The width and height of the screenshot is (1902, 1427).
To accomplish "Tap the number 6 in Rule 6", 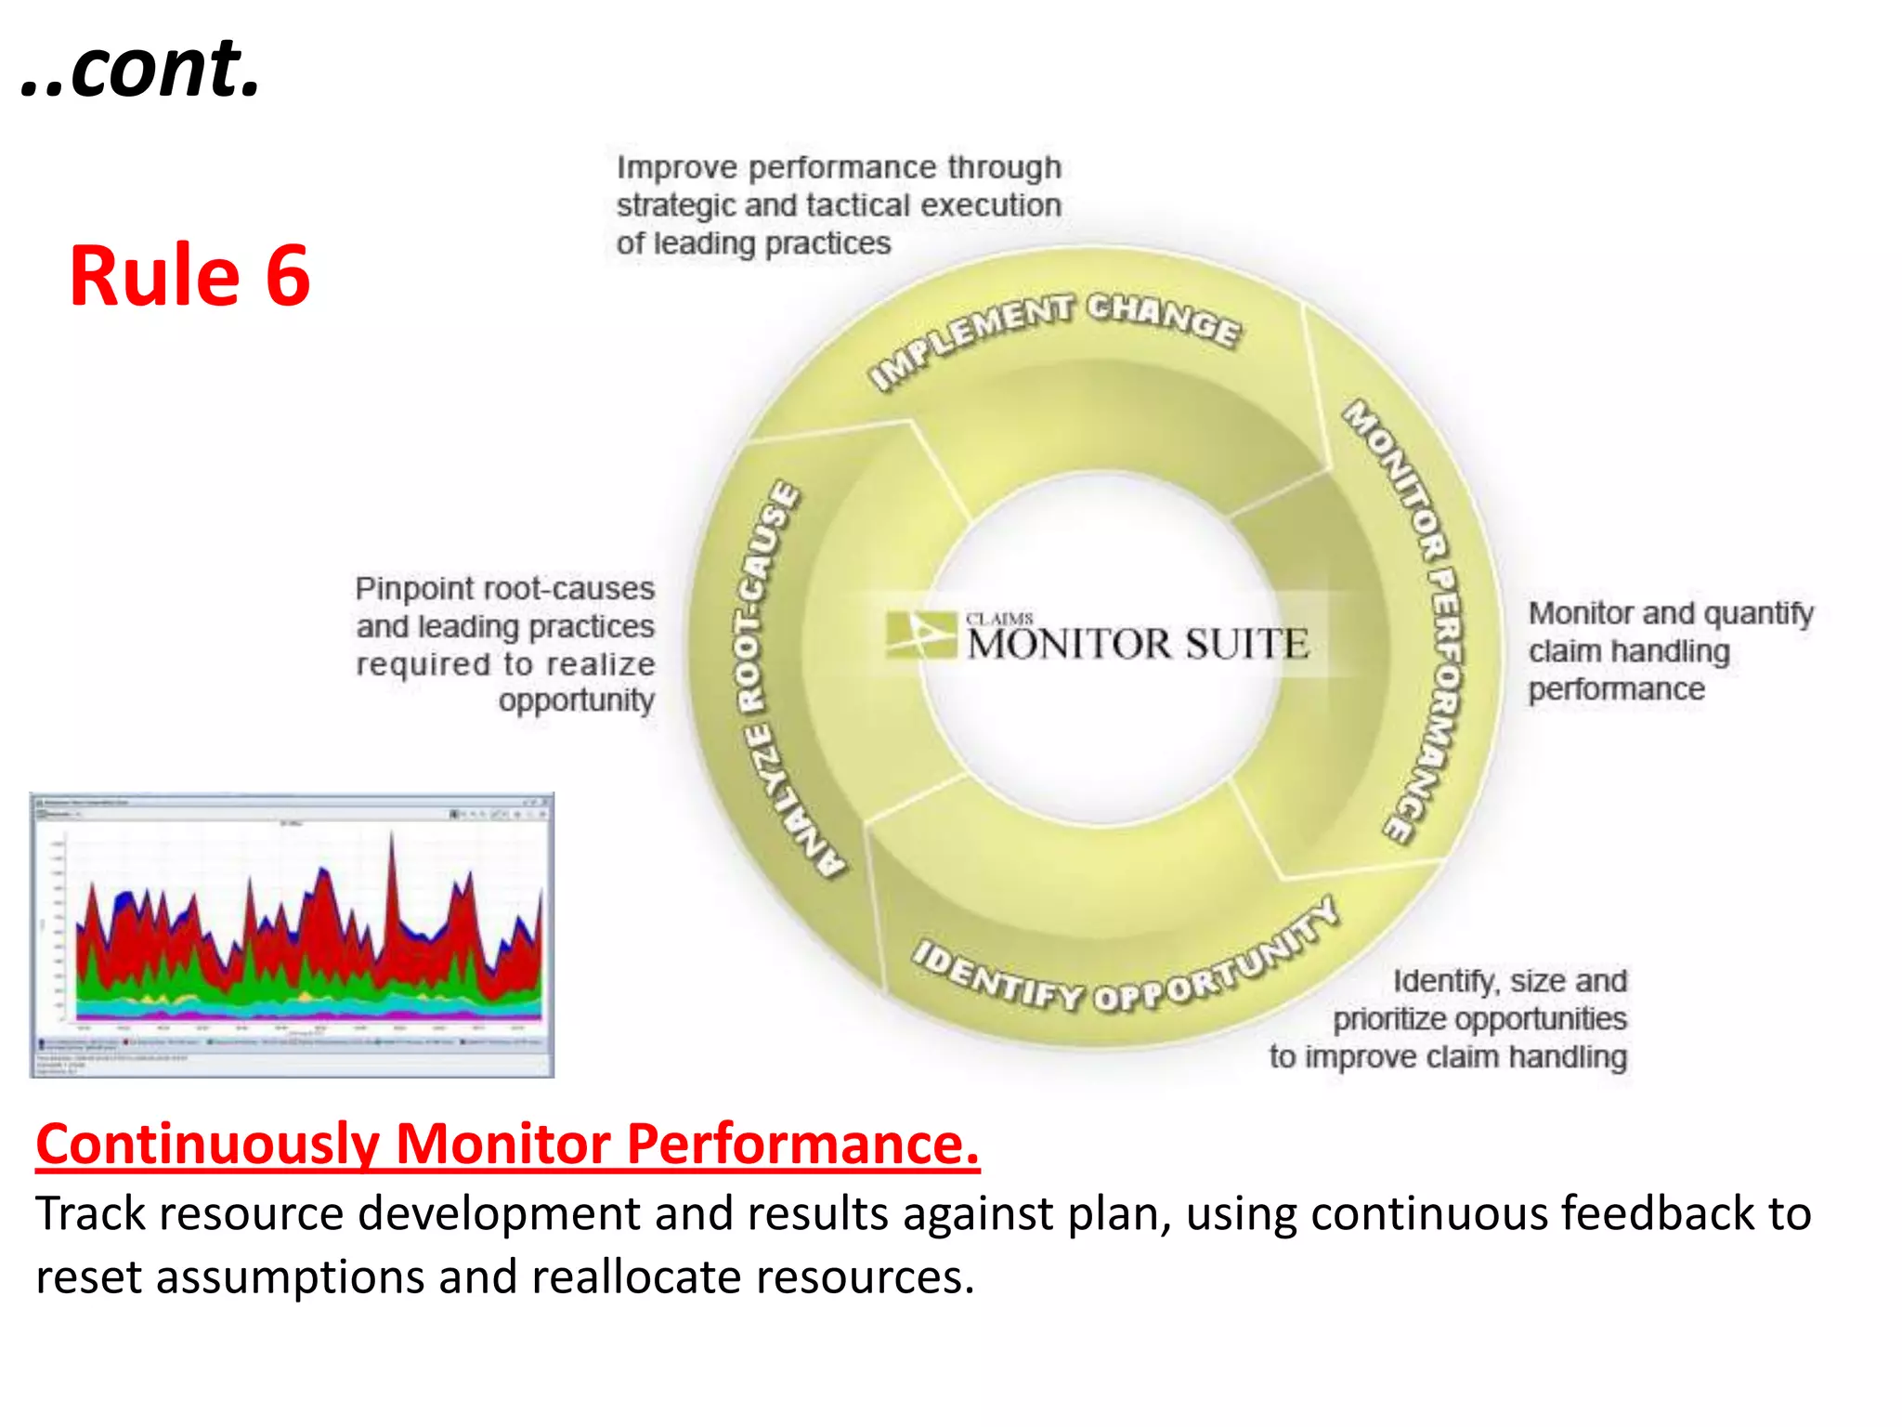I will click(287, 276).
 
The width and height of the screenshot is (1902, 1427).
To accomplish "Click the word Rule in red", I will click(154, 276).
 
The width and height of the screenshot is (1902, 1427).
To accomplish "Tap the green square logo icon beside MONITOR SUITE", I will click(919, 635).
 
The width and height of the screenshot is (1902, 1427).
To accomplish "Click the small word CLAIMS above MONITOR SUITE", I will click(999, 619).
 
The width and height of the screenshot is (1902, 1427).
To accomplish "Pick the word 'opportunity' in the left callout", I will click(576, 700).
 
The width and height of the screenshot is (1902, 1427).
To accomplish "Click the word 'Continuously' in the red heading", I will click(207, 1144).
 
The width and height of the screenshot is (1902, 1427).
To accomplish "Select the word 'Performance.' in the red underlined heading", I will click(803, 1144).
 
